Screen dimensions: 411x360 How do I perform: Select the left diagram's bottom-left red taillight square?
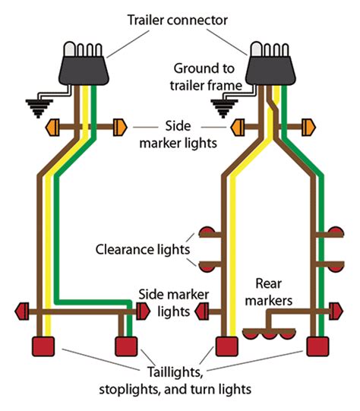(x=42, y=346)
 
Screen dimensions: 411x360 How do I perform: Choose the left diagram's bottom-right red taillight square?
(x=126, y=346)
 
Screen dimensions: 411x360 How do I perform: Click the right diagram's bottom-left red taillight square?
(x=225, y=346)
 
